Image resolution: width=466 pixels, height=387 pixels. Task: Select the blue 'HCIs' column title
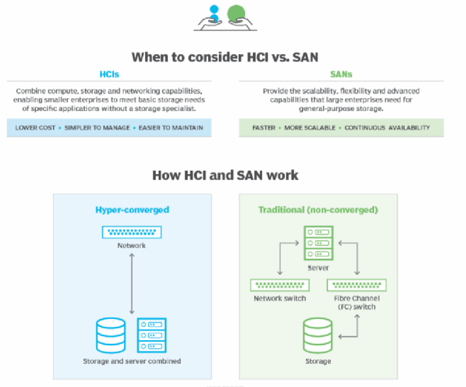click(x=109, y=74)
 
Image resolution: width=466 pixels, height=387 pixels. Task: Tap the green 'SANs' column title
click(x=340, y=74)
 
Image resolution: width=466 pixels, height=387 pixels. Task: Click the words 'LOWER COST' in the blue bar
click(x=35, y=128)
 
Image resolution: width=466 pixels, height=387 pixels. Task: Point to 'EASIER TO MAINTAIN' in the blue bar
click(x=170, y=128)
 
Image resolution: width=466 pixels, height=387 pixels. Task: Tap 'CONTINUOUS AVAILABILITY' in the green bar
click(x=387, y=128)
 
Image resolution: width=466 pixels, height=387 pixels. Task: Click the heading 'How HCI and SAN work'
click(x=225, y=175)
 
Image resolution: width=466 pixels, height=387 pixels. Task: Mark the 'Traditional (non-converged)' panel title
click(x=318, y=210)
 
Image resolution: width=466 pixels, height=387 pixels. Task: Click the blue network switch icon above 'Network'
click(x=132, y=232)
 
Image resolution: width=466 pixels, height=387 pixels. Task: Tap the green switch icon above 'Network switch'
click(x=280, y=285)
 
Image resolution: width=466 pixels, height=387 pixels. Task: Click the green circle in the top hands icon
click(x=236, y=13)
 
